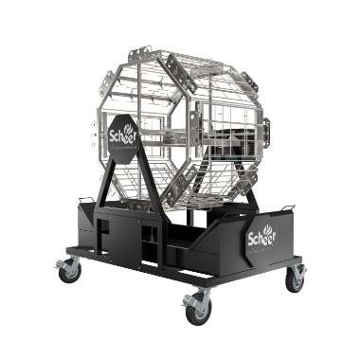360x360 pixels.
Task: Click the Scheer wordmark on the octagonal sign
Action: [122, 136]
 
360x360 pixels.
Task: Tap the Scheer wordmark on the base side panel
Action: [261, 238]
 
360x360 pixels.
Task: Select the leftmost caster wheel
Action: [70, 273]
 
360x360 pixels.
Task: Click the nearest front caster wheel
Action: [199, 311]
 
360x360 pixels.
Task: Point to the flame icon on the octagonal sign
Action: [130, 129]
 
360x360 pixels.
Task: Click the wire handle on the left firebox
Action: [86, 200]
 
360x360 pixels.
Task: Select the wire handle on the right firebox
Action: [287, 207]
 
